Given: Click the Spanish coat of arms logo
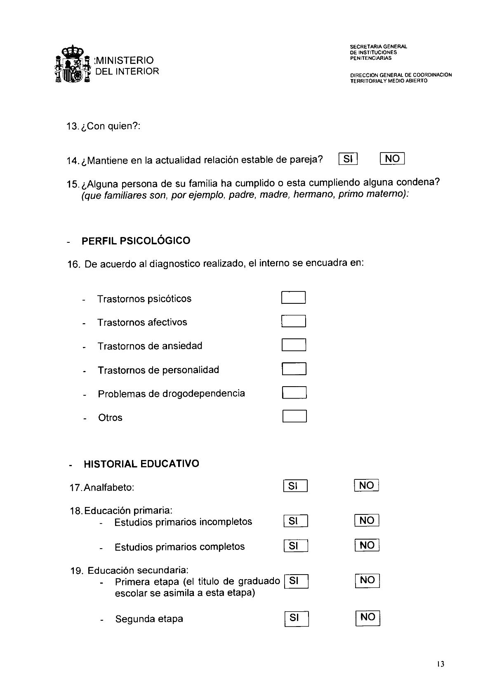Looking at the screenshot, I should coord(72,64).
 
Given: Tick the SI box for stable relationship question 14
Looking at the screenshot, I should coord(348,159).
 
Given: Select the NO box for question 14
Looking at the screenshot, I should coord(392,159).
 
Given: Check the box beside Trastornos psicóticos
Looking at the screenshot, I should coord(293,298).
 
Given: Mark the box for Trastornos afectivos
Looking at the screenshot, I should coord(293,321).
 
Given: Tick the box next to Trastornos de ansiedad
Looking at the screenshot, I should coord(294,345).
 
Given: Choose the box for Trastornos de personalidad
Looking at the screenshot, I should coord(294,368).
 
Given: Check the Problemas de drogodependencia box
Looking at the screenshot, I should coord(294,392).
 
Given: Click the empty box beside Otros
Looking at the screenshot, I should coord(294,416).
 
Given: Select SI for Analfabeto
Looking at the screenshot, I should coord(295,486).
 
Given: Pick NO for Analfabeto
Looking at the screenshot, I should coord(366,486).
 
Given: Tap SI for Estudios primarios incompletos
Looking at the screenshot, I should coord(296,521).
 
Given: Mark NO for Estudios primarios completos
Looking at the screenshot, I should coord(367,545).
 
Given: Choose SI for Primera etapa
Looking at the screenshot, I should coord(296,581).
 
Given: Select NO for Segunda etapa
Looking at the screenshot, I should coord(367,617).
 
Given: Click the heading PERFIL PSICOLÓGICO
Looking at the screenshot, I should coord(136,241).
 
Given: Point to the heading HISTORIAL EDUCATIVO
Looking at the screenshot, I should coord(141,464).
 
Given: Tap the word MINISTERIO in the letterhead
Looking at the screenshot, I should coord(124,61).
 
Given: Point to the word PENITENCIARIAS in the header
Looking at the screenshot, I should coord(371,58).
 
